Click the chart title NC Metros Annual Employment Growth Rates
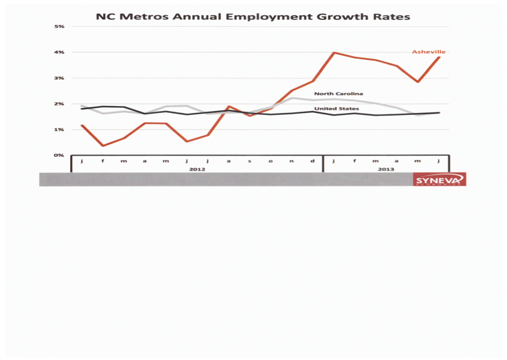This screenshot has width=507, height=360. (253, 16)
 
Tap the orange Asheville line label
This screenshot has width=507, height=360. (428, 52)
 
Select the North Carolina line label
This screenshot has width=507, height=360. (338, 94)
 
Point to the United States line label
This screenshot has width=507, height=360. (336, 109)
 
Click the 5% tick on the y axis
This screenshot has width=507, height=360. (59, 27)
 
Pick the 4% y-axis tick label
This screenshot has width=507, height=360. (59, 52)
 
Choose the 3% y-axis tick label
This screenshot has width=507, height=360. (59, 78)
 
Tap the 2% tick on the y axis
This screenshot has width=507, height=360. (59, 104)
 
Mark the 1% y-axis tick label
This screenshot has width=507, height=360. (59, 130)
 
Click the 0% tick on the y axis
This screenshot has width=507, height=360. (59, 155)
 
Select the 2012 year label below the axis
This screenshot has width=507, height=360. (197, 169)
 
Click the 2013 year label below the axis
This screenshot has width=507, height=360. (386, 169)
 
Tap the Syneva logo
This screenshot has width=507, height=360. (439, 180)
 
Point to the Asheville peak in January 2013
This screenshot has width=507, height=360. (334, 53)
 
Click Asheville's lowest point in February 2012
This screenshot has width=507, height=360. (103, 146)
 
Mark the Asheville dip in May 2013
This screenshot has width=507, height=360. (418, 82)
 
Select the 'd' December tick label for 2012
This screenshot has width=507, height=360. (312, 161)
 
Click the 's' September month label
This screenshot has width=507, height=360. (250, 161)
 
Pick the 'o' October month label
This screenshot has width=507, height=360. (271, 161)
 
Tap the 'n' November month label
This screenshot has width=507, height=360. (292, 161)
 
